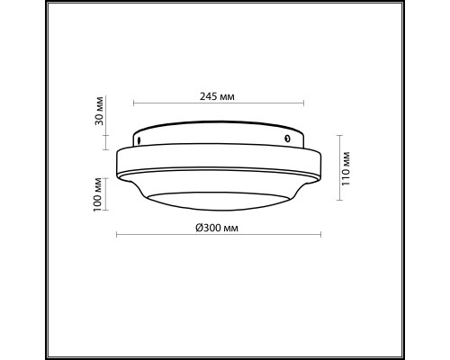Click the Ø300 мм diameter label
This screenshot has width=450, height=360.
[x=217, y=227]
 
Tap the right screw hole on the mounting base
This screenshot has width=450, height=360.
[x=287, y=138]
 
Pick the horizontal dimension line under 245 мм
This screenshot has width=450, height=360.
[x=218, y=103]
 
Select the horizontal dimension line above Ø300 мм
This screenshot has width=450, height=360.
[x=220, y=236]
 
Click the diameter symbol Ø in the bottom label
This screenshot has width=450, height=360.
[x=198, y=227]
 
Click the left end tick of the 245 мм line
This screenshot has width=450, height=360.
[x=133, y=103]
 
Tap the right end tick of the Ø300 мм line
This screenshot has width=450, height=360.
[x=321, y=236]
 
